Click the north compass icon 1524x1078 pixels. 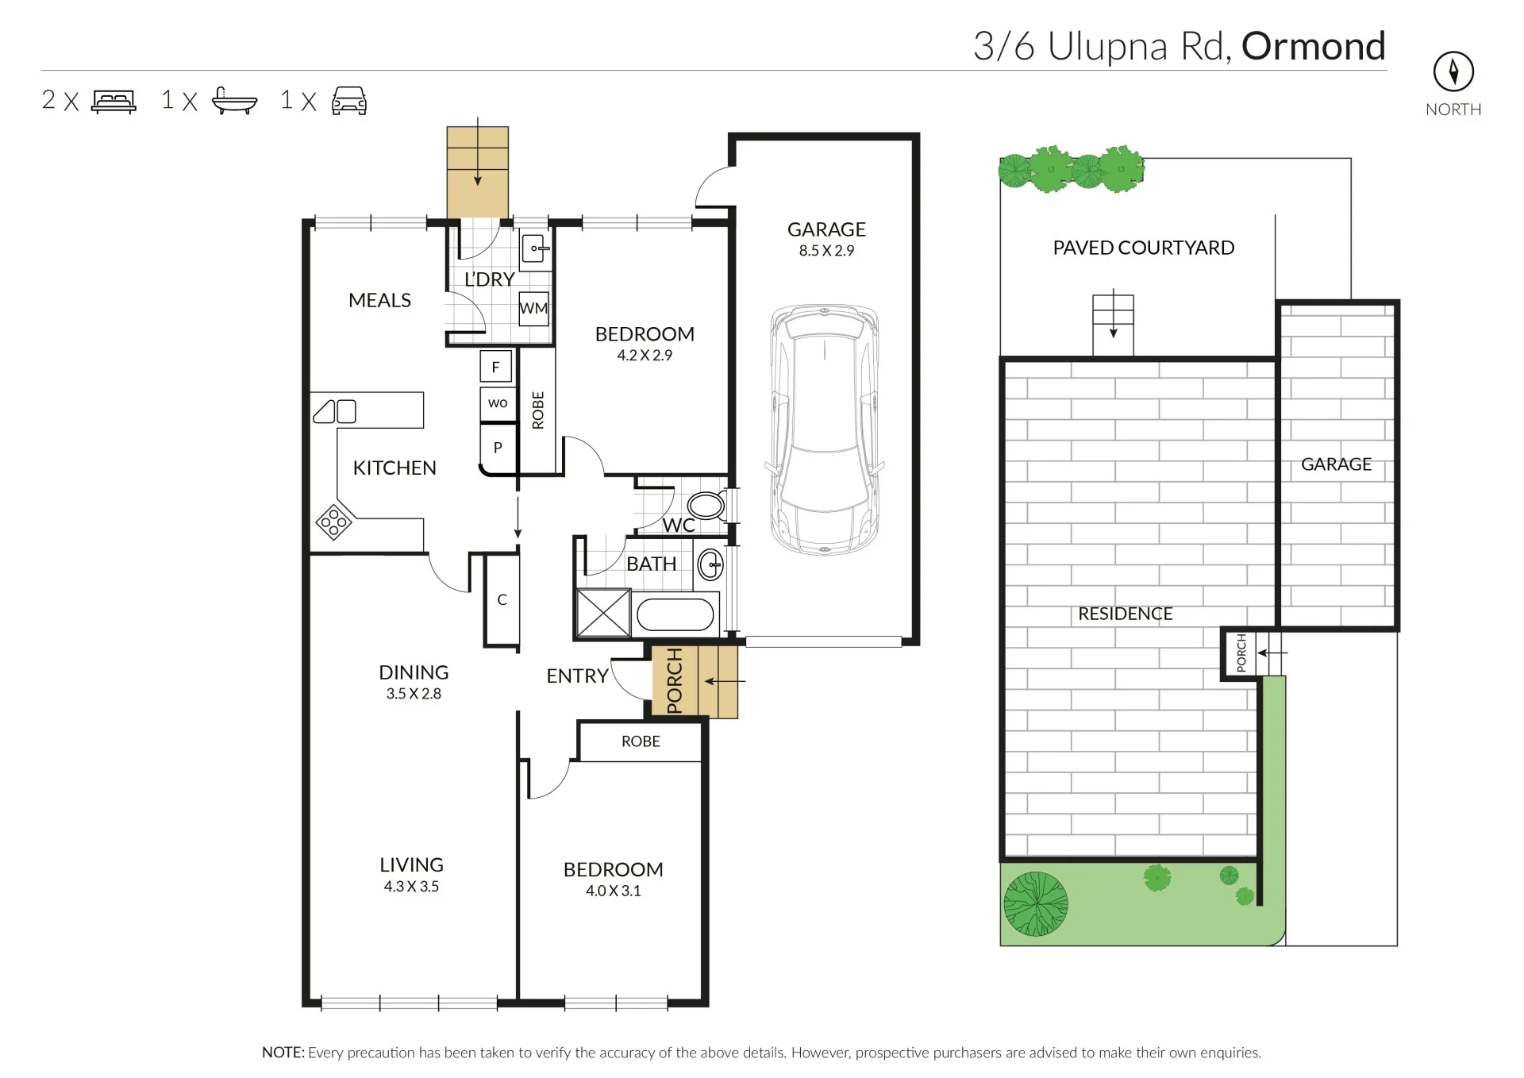pyautogui.click(x=1453, y=72)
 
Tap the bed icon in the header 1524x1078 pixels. pyautogui.click(x=114, y=102)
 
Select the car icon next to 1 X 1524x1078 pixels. pyautogui.click(x=349, y=101)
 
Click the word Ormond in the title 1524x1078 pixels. pyautogui.click(x=1314, y=46)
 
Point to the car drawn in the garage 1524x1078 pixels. pyautogui.click(x=825, y=429)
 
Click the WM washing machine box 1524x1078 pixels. pyautogui.click(x=533, y=308)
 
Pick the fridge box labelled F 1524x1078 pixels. pyautogui.click(x=496, y=367)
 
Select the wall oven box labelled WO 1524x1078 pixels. pyautogui.click(x=498, y=403)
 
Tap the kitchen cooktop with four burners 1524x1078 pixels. pyautogui.click(x=333, y=522)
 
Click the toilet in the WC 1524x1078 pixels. pyautogui.click(x=705, y=506)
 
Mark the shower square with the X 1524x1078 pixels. pyautogui.click(x=602, y=613)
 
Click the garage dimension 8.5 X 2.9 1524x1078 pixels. pyautogui.click(x=826, y=251)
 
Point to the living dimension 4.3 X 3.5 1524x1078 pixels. pyautogui.click(x=411, y=887)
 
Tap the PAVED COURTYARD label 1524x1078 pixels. pyautogui.click(x=1143, y=248)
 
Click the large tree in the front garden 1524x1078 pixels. pyautogui.click(x=1035, y=903)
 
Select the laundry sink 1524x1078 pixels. pyautogui.click(x=536, y=249)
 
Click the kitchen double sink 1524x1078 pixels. pyautogui.click(x=335, y=411)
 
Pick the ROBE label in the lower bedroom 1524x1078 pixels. pyautogui.click(x=641, y=741)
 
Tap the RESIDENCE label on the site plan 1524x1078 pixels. pyautogui.click(x=1125, y=614)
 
